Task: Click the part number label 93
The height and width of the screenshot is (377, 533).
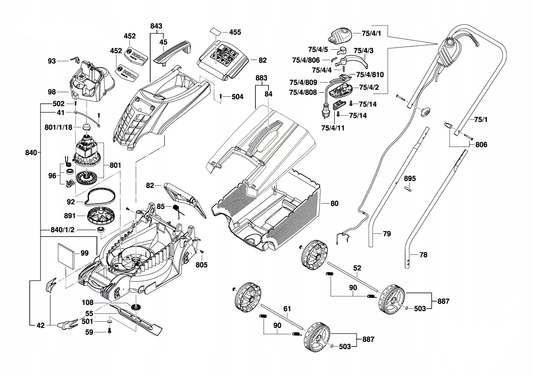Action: [x=52, y=61]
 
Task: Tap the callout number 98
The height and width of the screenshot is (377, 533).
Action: [x=52, y=92]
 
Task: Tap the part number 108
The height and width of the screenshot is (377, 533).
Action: [x=88, y=302]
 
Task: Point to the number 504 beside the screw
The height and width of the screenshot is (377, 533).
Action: [x=237, y=97]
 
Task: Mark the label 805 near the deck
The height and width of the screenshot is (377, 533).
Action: [x=202, y=265]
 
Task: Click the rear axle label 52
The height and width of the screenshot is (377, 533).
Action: [x=357, y=269]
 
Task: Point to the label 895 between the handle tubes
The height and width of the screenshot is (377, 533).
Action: [x=410, y=178]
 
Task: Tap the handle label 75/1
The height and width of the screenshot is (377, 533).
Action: [x=481, y=120]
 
